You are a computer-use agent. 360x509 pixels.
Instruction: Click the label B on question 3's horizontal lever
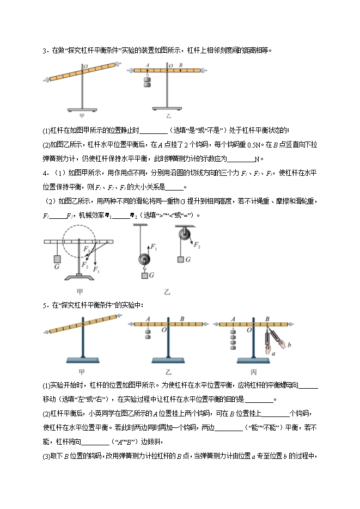coord(180,65)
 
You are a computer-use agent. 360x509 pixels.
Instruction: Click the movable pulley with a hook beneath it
coord(144,260)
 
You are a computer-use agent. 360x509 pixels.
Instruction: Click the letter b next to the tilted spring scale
coord(289,345)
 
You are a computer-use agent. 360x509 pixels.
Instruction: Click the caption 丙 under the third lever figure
coord(254,372)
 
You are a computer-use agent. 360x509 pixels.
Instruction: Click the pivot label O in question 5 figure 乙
coord(164,333)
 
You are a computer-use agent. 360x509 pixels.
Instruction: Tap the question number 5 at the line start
coord(45,305)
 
